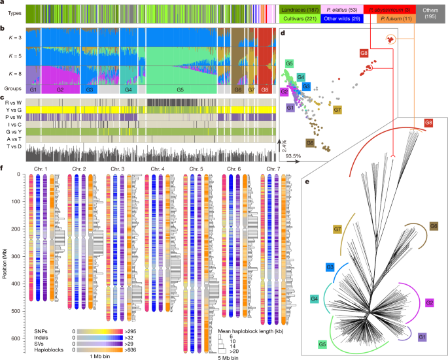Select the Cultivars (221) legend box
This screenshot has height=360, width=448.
point(302,20)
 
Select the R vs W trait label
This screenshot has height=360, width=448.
point(12,103)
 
